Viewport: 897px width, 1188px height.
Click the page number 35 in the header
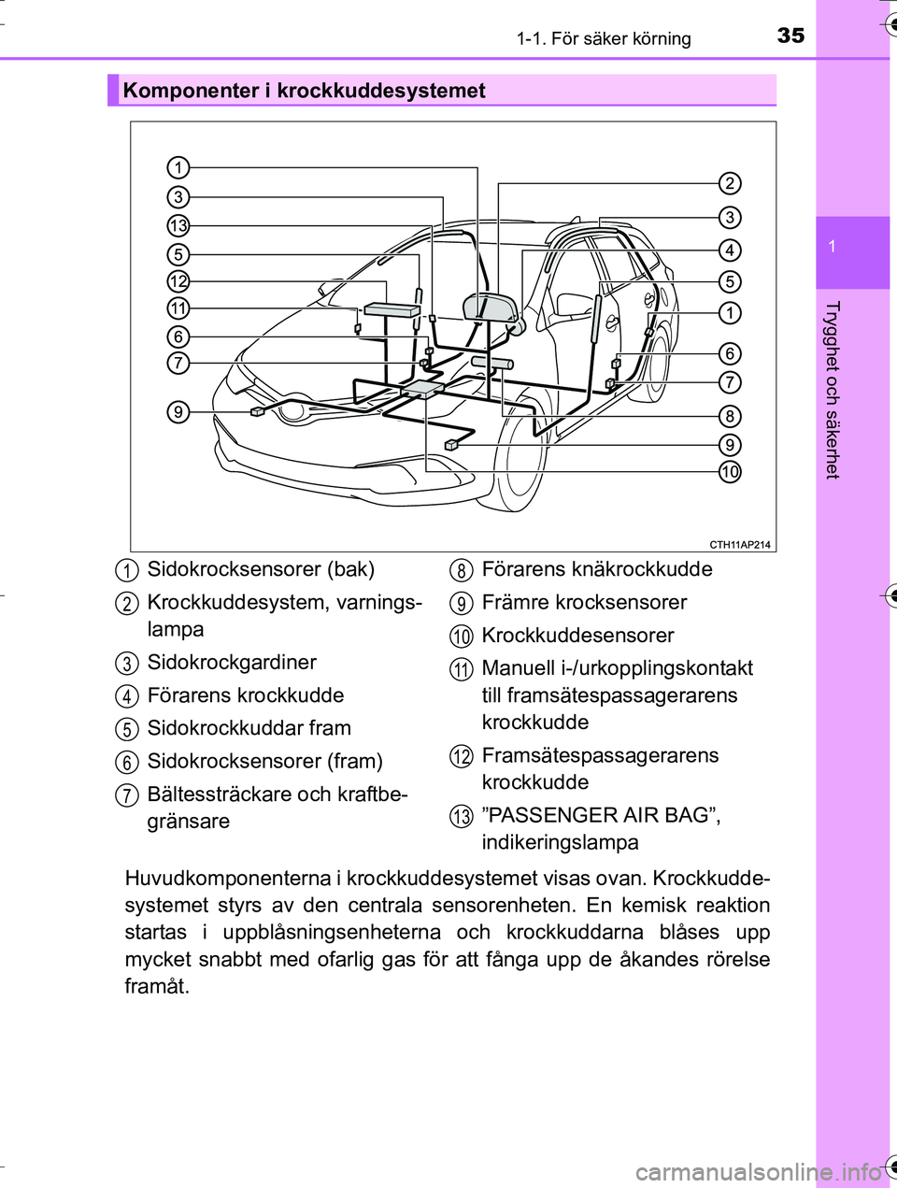point(790,36)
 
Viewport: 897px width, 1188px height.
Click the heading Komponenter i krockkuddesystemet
point(305,91)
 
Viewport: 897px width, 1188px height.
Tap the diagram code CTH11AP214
point(740,545)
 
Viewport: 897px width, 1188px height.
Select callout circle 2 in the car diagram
point(730,183)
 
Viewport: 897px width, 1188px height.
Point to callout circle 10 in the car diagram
point(730,471)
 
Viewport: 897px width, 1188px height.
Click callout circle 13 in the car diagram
point(178,225)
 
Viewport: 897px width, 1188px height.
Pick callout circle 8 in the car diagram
point(730,416)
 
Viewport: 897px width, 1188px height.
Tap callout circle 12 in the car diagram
point(178,281)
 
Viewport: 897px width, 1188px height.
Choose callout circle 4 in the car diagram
point(730,250)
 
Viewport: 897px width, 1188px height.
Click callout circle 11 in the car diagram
point(178,308)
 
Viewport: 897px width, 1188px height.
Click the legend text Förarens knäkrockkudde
point(597,569)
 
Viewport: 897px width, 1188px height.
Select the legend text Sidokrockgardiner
point(232,663)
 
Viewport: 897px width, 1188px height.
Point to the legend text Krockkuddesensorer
point(577,636)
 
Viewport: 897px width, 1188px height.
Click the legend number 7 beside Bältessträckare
point(126,796)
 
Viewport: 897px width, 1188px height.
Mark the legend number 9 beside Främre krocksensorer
point(461,604)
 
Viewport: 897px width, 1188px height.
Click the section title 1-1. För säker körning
point(604,38)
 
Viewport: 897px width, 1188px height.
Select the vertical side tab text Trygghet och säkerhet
point(832,390)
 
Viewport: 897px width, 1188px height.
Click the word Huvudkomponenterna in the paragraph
point(227,879)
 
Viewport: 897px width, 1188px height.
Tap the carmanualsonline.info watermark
point(757,1171)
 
